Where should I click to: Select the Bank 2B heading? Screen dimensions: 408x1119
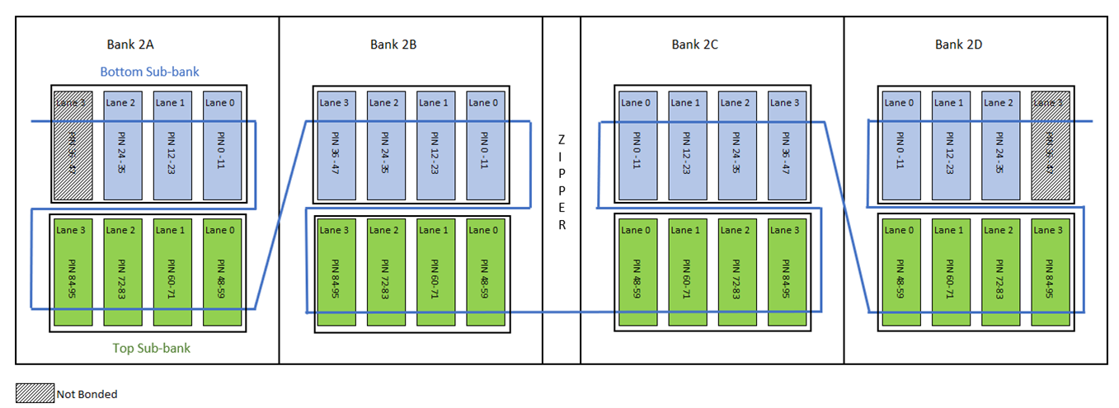(393, 45)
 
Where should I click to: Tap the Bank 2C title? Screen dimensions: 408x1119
(694, 45)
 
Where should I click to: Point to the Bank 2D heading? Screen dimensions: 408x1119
(958, 45)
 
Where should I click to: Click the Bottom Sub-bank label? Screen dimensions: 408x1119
(149, 72)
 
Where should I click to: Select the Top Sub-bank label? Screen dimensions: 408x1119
(151, 348)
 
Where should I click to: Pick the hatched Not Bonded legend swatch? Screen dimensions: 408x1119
(35, 393)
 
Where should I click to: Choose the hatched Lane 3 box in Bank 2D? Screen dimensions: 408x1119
(1049, 145)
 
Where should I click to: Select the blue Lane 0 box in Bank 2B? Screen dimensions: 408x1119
(483, 145)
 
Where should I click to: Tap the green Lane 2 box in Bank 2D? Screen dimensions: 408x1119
(999, 272)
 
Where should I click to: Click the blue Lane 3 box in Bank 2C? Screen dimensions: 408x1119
(785, 145)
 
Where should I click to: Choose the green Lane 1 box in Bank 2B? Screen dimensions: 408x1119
(434, 272)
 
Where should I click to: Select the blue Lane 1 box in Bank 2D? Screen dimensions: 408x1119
(949, 145)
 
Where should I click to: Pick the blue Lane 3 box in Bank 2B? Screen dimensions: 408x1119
(335, 145)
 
